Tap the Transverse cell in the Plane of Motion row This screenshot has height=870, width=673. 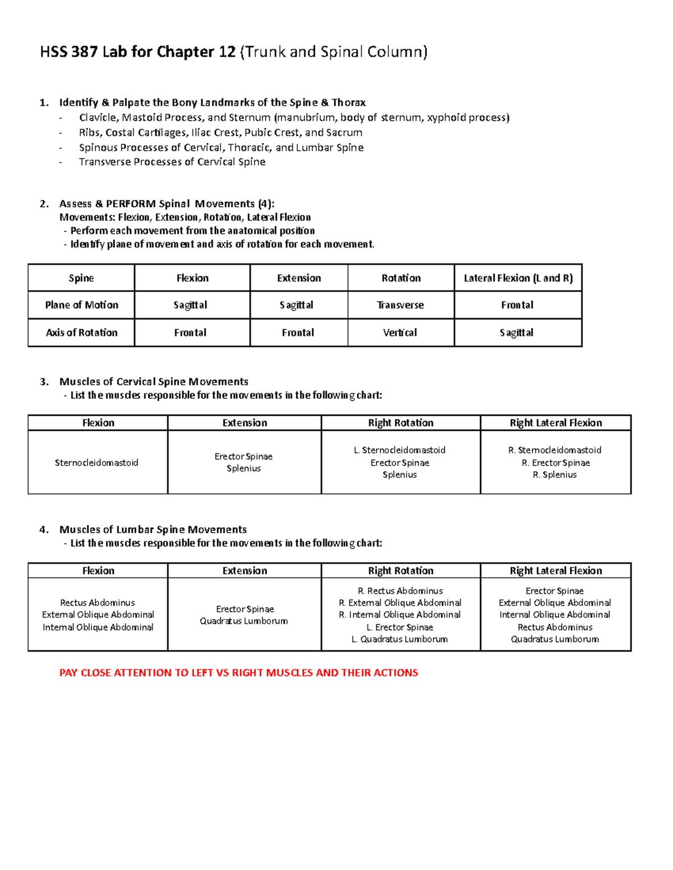tap(400, 305)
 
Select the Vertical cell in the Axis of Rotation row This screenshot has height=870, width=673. tap(400, 332)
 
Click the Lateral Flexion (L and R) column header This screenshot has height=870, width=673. tap(518, 278)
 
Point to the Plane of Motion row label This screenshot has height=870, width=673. tap(81, 305)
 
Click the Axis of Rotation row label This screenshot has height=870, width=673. tap(81, 332)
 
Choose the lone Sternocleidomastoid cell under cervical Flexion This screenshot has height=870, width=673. tap(96, 463)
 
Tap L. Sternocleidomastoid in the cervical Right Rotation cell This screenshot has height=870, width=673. tap(400, 450)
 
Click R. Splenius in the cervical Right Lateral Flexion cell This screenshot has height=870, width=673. tap(555, 474)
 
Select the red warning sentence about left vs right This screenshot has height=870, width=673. tap(238, 673)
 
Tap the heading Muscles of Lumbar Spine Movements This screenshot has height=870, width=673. tap(153, 529)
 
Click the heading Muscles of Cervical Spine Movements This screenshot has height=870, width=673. tap(154, 382)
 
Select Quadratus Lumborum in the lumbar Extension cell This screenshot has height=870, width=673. tap(244, 621)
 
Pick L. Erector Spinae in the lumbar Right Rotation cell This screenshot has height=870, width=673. tap(400, 627)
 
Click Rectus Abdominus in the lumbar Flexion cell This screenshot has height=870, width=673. tap(98, 603)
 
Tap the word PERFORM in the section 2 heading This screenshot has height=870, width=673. tap(131, 204)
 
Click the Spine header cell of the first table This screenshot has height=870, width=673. tap(81, 278)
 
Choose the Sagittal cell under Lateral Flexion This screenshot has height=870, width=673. tap(517, 332)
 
